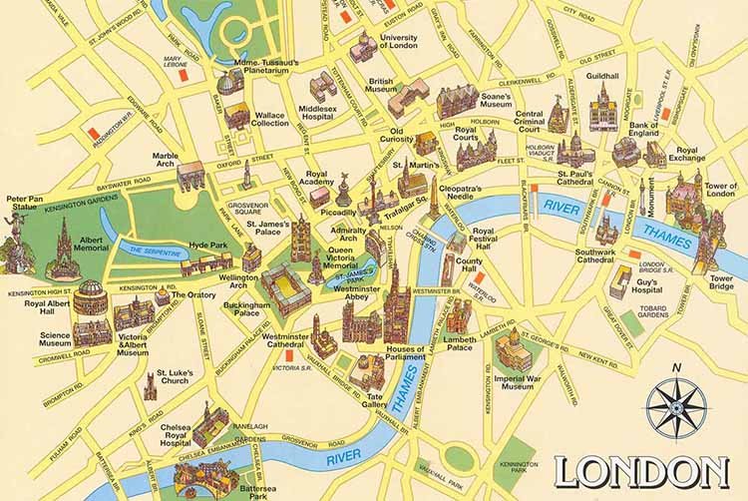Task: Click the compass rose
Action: click(x=676, y=408)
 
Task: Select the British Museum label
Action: click(x=381, y=88)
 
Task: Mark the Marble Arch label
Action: click(x=165, y=162)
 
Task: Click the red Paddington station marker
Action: click(x=92, y=131)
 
